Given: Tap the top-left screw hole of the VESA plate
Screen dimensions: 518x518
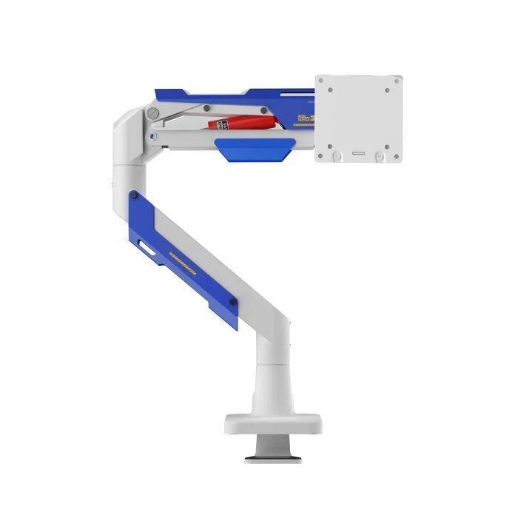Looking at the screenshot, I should pyautogui.click(x=329, y=90).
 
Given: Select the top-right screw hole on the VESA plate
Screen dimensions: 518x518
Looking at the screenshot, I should pyautogui.click(x=387, y=90).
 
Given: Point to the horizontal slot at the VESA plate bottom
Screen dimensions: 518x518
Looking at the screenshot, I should pyautogui.click(x=358, y=153).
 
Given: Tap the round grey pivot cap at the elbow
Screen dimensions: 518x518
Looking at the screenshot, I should pyautogui.click(x=153, y=113).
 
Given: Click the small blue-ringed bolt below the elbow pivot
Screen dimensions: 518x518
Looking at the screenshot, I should pyautogui.click(x=152, y=135).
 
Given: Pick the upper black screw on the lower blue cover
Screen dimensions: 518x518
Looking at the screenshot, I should pyautogui.click(x=134, y=196).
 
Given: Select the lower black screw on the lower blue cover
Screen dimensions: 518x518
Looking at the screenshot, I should pyautogui.click(x=233, y=301).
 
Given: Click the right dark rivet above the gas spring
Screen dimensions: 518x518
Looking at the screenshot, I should pyautogui.click(x=263, y=111).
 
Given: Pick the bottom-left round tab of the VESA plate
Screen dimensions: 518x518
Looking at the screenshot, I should pyautogui.click(x=337, y=156).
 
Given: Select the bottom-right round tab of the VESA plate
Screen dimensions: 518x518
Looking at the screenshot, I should pyautogui.click(x=379, y=156).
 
